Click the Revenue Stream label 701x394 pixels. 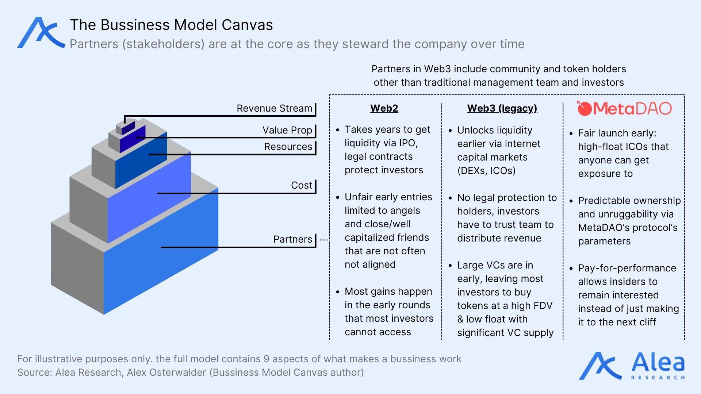(274, 108)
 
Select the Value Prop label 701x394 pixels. (287, 130)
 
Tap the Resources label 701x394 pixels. (288, 147)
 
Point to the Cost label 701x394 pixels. (301, 185)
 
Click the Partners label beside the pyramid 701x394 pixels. (292, 239)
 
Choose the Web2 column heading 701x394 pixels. (384, 108)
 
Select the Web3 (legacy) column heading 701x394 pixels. (502, 108)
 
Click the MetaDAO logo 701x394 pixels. (624, 108)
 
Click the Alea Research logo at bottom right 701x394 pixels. (632, 366)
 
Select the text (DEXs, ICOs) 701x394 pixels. (486, 171)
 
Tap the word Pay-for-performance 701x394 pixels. (627, 268)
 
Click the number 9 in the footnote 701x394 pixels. (266, 359)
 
